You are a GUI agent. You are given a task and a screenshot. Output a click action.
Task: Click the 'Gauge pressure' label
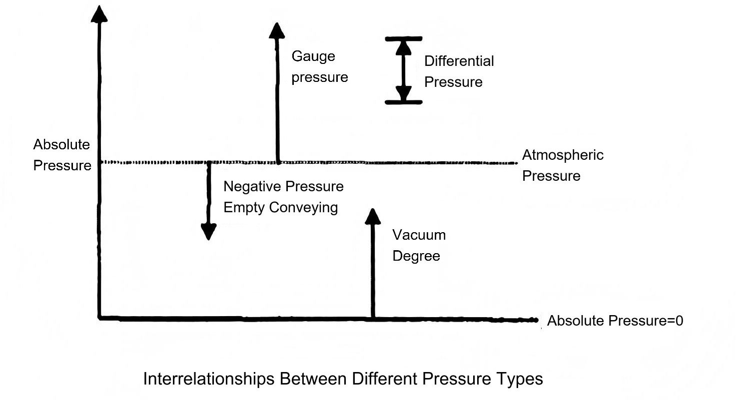pos(320,67)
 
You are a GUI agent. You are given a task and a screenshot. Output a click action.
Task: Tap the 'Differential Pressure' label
pos(459,71)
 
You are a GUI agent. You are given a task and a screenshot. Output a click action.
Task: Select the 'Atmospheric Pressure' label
pos(563,165)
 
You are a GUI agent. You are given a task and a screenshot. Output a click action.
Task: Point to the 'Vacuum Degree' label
pos(419,245)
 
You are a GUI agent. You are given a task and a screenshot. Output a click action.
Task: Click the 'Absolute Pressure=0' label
pos(615,321)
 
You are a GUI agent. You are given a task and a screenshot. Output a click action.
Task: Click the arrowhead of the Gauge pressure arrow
pos(276,30)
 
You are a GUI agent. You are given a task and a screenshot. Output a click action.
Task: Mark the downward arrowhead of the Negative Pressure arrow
pos(208,231)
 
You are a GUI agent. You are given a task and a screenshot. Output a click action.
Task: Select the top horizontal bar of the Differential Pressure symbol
pos(404,38)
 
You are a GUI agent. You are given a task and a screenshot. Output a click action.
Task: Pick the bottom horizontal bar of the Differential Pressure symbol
pos(404,102)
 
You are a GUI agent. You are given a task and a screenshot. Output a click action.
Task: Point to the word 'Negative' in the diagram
pos(252,187)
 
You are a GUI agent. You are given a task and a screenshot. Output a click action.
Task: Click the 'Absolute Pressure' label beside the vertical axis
pos(62,155)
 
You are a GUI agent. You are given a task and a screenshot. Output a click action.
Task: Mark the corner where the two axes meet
pos(100,317)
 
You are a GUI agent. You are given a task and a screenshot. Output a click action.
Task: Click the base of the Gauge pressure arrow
pos(278,161)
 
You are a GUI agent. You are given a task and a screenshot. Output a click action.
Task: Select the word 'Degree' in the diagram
pos(416,256)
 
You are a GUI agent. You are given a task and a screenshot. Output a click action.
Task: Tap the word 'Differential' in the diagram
pos(459,61)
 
